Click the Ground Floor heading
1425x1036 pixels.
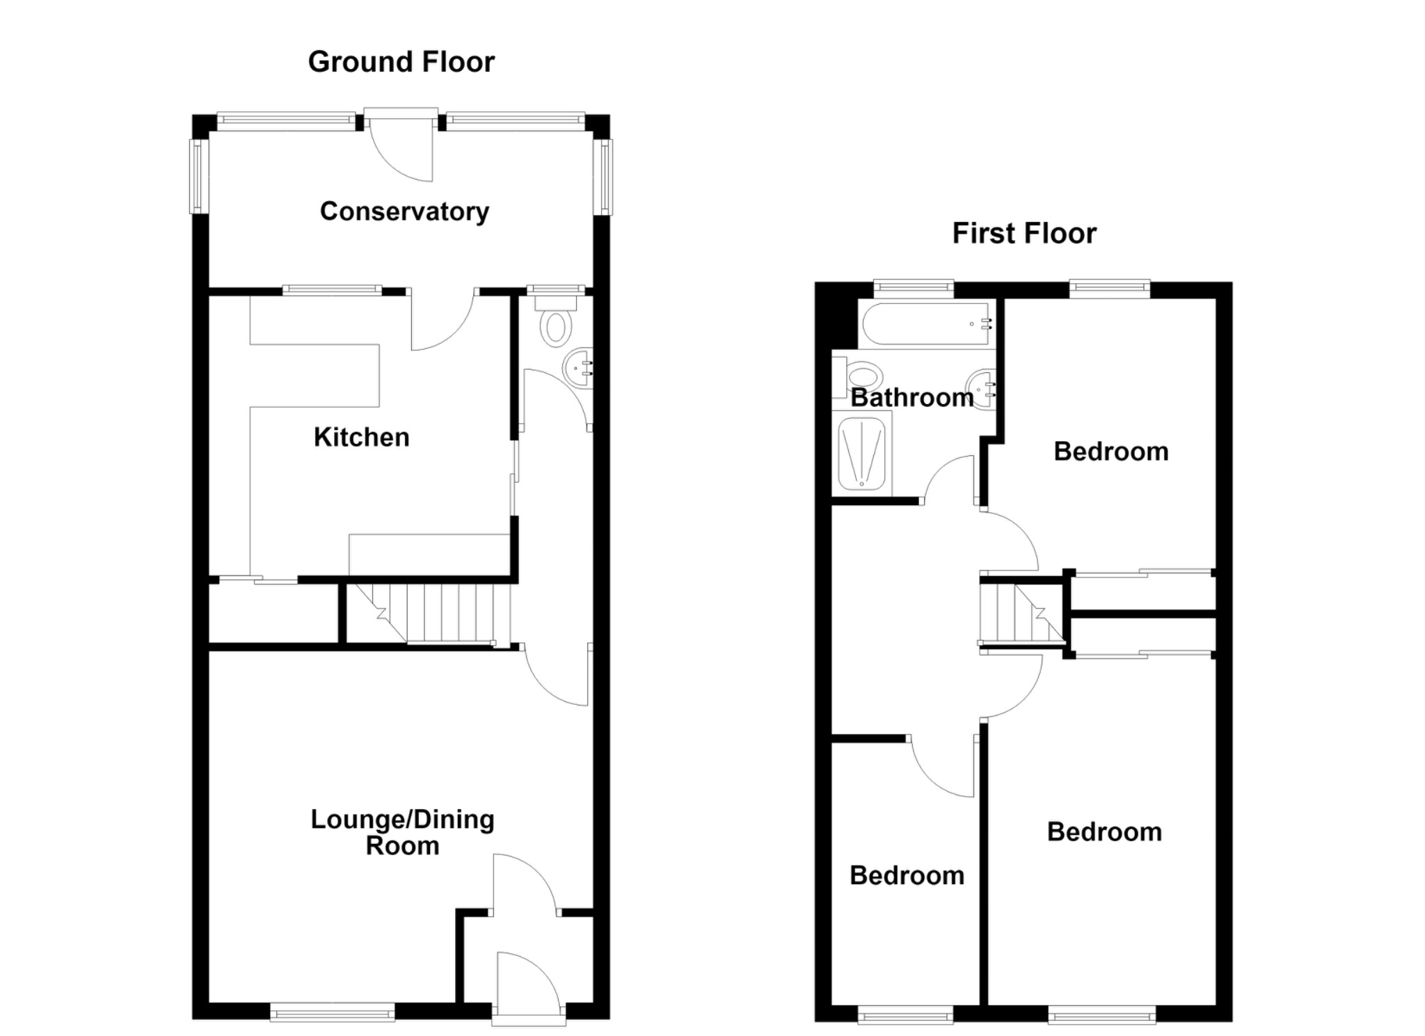(401, 62)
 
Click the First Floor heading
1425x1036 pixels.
(1024, 233)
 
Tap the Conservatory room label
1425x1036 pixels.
(404, 212)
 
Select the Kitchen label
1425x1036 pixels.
(362, 437)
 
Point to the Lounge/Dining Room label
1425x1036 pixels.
(403, 832)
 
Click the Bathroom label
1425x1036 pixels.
(912, 397)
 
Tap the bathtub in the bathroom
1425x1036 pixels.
(927, 324)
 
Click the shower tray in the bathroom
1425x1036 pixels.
(862, 452)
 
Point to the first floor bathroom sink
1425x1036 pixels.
(981, 387)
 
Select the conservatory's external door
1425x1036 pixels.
(401, 146)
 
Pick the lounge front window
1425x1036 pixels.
(333, 1012)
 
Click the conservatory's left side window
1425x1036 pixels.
(200, 177)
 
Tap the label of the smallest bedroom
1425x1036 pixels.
(907, 875)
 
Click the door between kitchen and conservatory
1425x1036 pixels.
(443, 320)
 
